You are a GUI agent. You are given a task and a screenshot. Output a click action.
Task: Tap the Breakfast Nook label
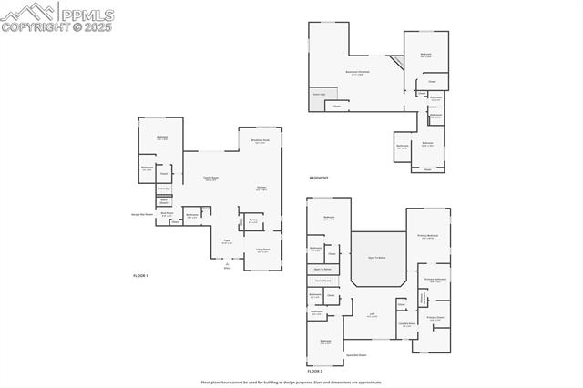pos(260,142)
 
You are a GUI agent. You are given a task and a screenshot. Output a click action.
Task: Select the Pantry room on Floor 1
pos(252,221)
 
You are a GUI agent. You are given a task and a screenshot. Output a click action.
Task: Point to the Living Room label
pos(262,250)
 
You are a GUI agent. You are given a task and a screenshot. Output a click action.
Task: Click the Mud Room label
pos(168,215)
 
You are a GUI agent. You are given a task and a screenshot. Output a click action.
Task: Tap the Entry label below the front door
pos(228,269)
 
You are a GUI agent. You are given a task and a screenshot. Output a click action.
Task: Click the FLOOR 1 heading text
pos(140,274)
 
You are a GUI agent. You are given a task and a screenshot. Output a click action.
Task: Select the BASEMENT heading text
pos(319,178)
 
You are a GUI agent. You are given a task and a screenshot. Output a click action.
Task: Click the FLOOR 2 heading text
pos(315,372)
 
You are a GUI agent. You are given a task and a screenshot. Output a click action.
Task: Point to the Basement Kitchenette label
pos(357,72)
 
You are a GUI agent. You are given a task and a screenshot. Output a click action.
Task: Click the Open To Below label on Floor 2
pos(378,258)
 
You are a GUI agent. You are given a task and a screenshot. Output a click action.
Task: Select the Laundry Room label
pos(406,323)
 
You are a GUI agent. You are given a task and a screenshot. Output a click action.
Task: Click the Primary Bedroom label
pos(428,236)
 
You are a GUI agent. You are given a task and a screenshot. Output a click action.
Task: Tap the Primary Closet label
pos(435,318)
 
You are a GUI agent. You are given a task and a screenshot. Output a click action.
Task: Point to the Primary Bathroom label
pos(435,279)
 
